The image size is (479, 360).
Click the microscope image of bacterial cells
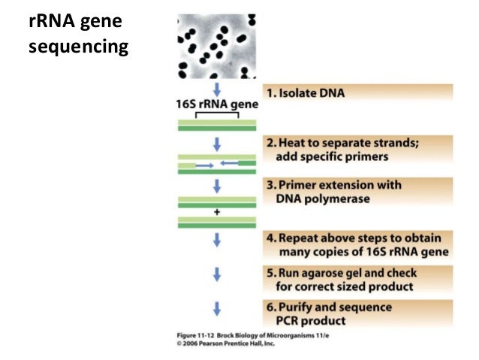pos(218,46)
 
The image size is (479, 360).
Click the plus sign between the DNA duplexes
pos(218,212)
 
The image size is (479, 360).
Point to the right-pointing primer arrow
pos(204,164)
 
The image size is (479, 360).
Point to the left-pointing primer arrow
pos(230,163)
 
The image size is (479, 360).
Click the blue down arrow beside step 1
pos(218,89)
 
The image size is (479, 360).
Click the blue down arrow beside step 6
pos(218,308)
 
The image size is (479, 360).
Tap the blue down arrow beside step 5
pos(218,274)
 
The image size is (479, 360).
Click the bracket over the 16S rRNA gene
pos(218,114)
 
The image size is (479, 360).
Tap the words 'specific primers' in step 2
pos(345,157)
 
